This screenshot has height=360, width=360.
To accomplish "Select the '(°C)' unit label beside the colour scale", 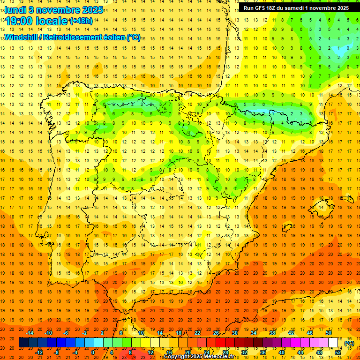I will coord(349,343).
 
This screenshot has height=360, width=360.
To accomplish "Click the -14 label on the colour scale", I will coord(30,333).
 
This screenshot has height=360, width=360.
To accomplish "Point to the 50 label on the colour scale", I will coord(329,333).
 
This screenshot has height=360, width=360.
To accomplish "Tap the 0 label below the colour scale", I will coord(92,352).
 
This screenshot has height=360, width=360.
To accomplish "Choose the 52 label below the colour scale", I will coord(338,352).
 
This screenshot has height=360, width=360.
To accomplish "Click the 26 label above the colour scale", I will coord(216,333).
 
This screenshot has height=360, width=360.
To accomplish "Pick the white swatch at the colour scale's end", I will coord(333,343).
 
